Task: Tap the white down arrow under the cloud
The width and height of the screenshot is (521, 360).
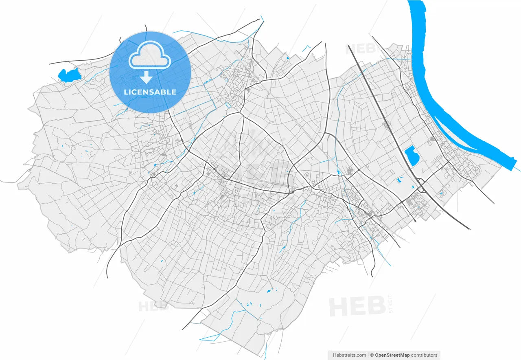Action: pos(146,77)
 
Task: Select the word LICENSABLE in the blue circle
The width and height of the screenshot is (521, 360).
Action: pos(150,92)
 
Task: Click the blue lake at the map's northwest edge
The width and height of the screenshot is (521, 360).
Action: pos(68,75)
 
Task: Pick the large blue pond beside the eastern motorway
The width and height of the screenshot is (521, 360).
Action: pos(412,156)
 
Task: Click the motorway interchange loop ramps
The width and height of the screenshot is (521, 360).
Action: pos(421,185)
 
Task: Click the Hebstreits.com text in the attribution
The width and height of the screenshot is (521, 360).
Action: pos(350,355)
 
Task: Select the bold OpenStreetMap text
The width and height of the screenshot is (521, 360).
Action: pos(392,355)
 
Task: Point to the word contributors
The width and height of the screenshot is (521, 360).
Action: pos(424,355)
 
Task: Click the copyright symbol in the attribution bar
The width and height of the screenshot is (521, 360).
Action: pos(372,355)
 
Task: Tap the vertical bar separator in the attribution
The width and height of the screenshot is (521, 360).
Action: pos(368,355)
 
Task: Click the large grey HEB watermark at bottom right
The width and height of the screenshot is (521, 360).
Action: pos(357,307)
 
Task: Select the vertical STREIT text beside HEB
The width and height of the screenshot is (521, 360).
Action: pos(391,304)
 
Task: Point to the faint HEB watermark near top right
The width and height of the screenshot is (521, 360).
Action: pos(360,49)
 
